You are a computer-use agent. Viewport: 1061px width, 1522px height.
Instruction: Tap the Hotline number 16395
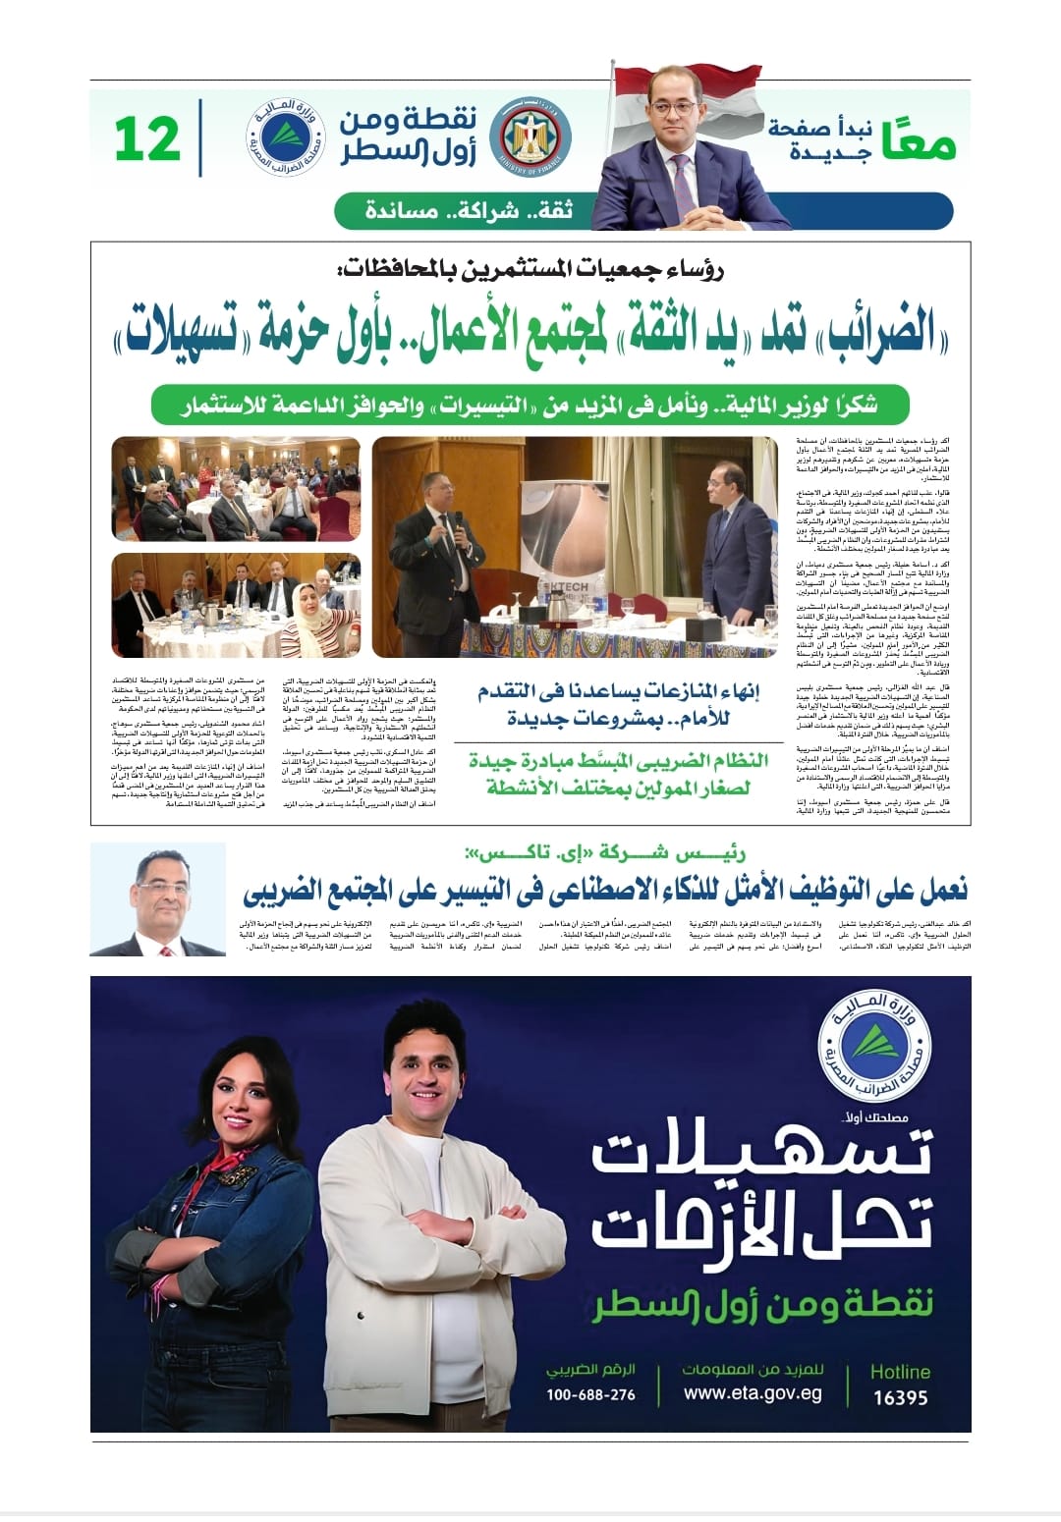point(900,1396)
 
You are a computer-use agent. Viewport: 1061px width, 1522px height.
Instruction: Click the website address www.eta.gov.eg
point(753,1393)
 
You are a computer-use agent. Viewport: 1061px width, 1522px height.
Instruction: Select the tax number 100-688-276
point(590,1394)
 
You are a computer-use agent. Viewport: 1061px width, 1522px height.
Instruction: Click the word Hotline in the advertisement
point(900,1371)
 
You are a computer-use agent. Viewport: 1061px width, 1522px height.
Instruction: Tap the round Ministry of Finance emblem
point(528,139)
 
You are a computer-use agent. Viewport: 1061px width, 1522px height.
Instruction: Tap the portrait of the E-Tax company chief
point(158,898)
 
